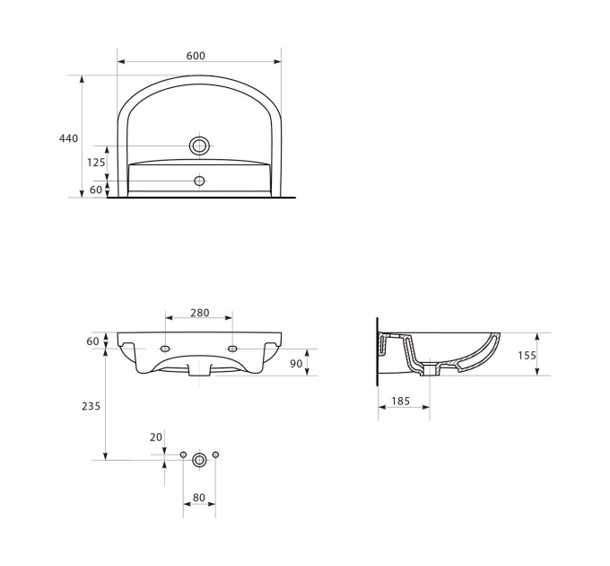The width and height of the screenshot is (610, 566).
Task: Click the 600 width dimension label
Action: coord(196,56)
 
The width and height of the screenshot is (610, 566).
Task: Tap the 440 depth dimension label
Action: coord(68,138)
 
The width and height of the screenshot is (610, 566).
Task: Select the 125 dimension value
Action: coord(96,162)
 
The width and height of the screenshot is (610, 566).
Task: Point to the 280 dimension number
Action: coord(200,313)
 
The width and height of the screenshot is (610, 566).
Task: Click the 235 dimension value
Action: coord(91,406)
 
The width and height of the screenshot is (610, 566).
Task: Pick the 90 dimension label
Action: coord(296,364)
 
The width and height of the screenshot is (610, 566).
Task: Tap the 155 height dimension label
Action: coord(527,355)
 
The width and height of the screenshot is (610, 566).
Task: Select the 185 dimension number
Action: coord(401,401)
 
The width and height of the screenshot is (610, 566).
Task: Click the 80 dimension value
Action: coord(199,498)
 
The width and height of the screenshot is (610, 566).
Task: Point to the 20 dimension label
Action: coord(155,438)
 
